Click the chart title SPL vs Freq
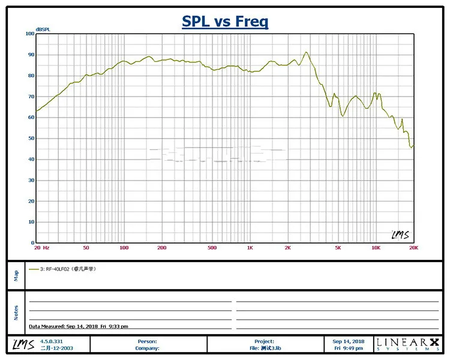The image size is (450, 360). [225, 22]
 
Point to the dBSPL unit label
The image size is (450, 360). [43, 29]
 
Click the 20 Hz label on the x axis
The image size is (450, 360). [41, 248]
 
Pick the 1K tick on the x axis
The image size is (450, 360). [250, 248]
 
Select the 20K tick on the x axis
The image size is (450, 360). [413, 248]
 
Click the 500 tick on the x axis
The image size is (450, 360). [212, 248]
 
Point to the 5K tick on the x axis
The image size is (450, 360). [338, 248]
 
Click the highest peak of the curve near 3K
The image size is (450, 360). [306, 52]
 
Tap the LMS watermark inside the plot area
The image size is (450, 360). [400, 235]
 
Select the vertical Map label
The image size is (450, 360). [16, 275]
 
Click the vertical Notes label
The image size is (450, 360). [16, 313]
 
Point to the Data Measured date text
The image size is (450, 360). [78, 326]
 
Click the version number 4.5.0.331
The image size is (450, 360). [51, 341]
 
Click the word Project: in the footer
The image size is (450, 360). [264, 341]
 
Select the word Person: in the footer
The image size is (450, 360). [148, 341]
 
